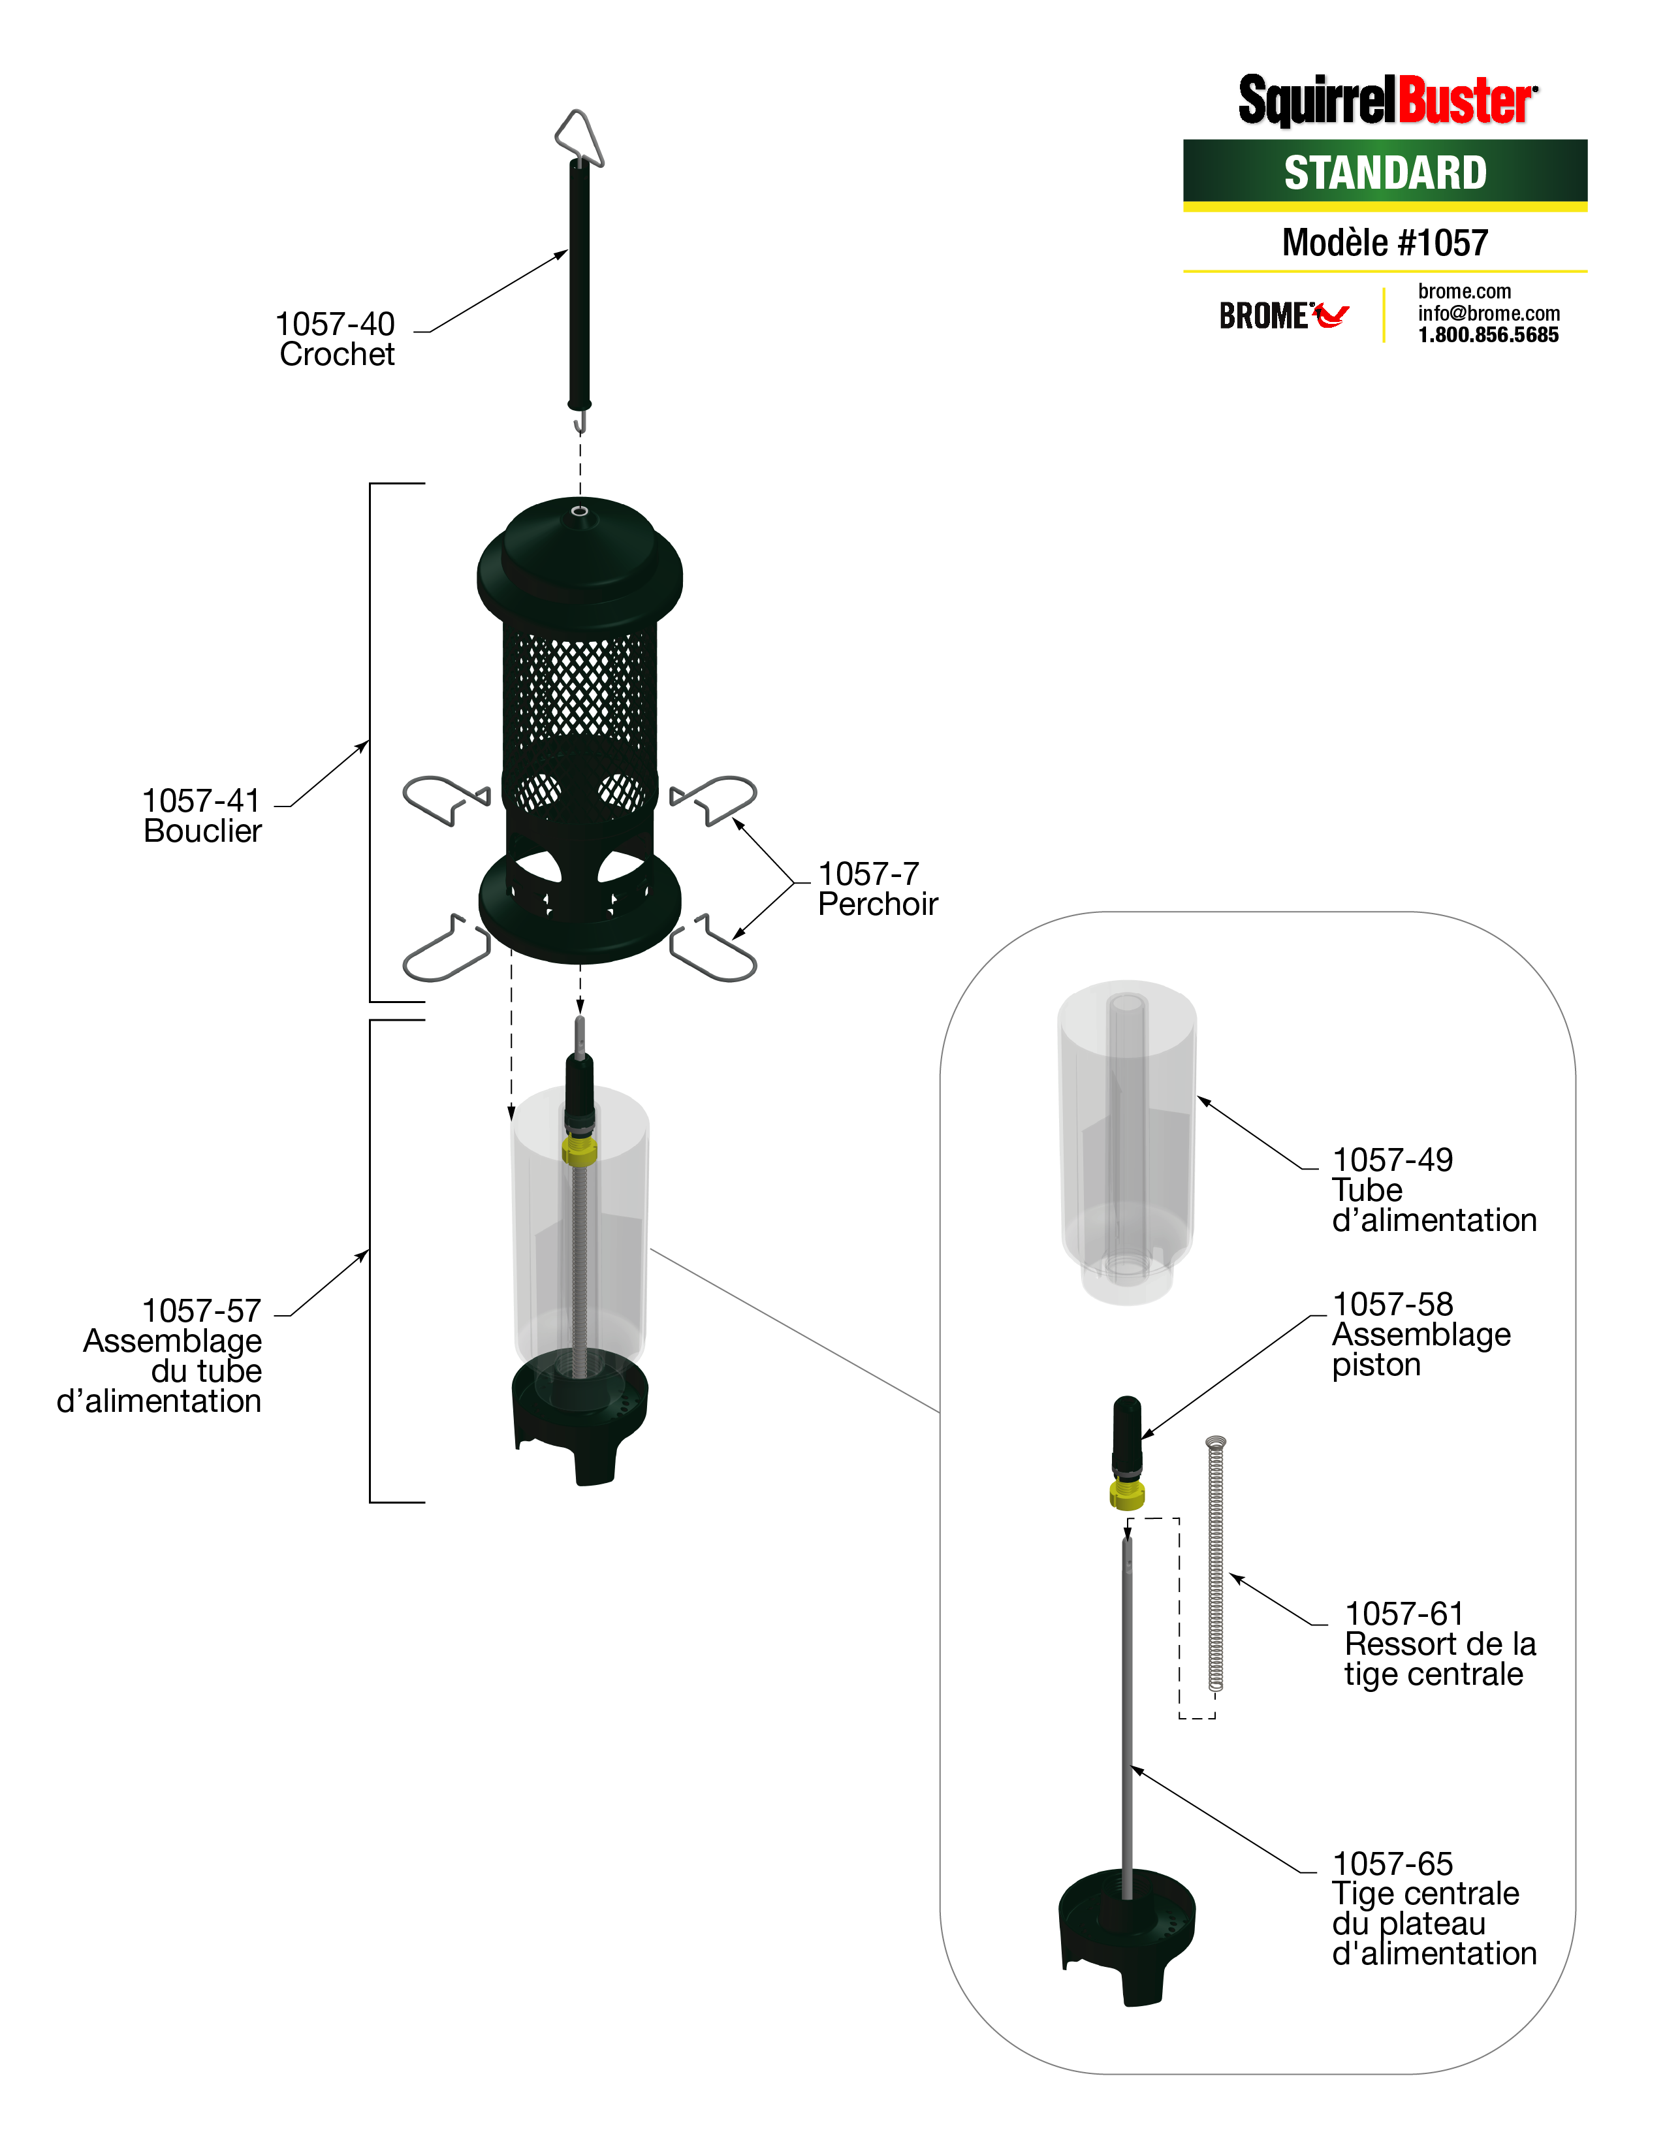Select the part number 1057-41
[201, 800]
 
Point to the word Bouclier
[202, 831]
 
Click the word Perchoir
[877, 904]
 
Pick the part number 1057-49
[1392, 1159]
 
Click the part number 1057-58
[1392, 1305]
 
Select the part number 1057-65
[1392, 1863]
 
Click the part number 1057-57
[201, 1311]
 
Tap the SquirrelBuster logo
[1387, 101]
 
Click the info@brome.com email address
[1489, 313]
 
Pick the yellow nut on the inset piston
[1126, 1495]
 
